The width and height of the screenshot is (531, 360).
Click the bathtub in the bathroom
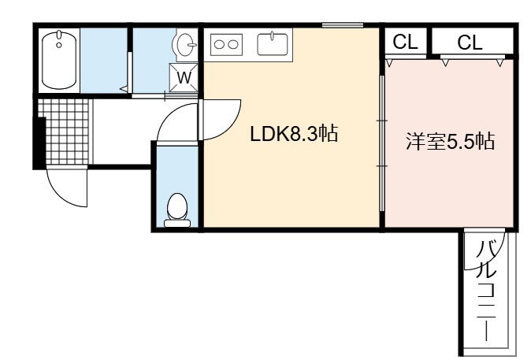[59, 61]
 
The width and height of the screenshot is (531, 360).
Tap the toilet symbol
[177, 210]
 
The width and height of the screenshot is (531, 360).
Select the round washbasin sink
[185, 44]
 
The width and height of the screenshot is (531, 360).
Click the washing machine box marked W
[184, 77]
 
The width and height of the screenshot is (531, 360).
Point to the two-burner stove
[226, 44]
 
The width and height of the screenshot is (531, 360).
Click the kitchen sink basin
[273, 44]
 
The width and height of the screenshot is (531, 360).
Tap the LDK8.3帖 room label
[294, 134]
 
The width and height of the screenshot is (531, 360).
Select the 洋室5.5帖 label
[451, 141]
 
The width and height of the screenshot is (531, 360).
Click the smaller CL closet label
[405, 42]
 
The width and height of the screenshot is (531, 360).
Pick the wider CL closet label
[470, 43]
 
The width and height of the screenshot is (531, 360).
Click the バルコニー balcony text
[487, 290]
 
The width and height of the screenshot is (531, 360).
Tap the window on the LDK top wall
[343, 24]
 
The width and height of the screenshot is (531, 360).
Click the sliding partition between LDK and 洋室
[382, 143]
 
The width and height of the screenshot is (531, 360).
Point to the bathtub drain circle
[59, 45]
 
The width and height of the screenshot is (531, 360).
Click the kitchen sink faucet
[273, 35]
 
